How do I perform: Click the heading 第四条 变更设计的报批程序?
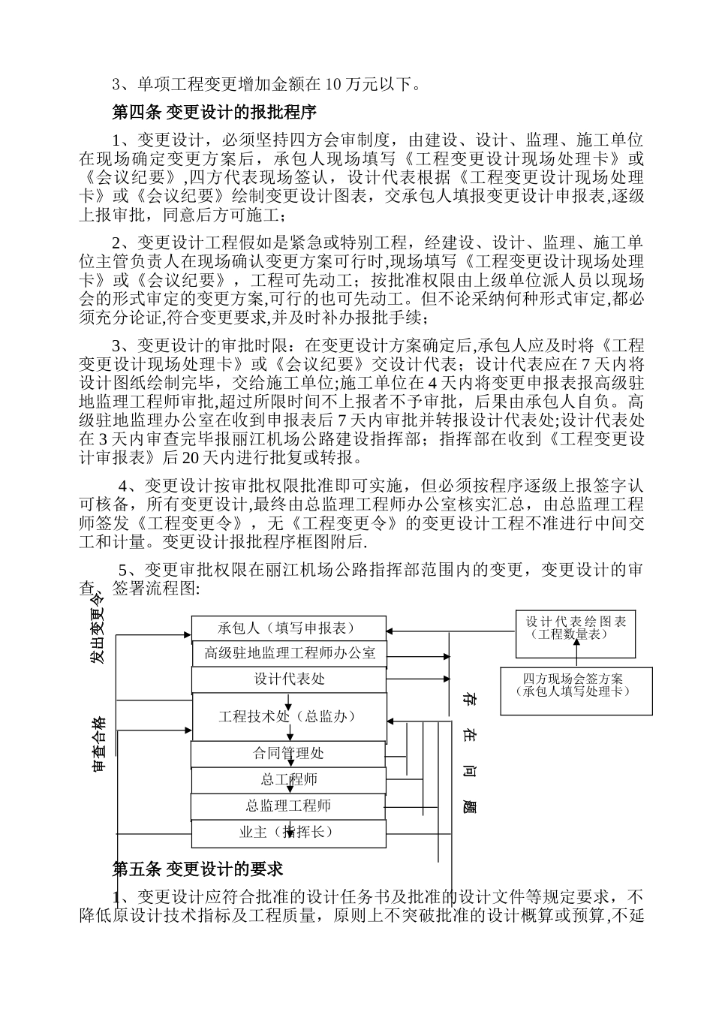coord(214,113)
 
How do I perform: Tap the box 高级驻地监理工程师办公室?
coord(289,653)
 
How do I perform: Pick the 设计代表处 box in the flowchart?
coord(289,679)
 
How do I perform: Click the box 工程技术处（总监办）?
coord(289,716)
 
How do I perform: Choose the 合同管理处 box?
coord(289,753)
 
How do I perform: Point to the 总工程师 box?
coord(289,779)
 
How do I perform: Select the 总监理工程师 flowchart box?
coord(289,806)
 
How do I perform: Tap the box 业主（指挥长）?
coord(289,832)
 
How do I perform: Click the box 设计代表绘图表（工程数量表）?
coord(576,628)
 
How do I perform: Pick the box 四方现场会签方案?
coord(576,685)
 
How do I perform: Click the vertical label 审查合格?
coord(98,745)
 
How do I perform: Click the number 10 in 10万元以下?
coord(334,85)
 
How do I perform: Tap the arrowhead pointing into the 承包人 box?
coord(187,634)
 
